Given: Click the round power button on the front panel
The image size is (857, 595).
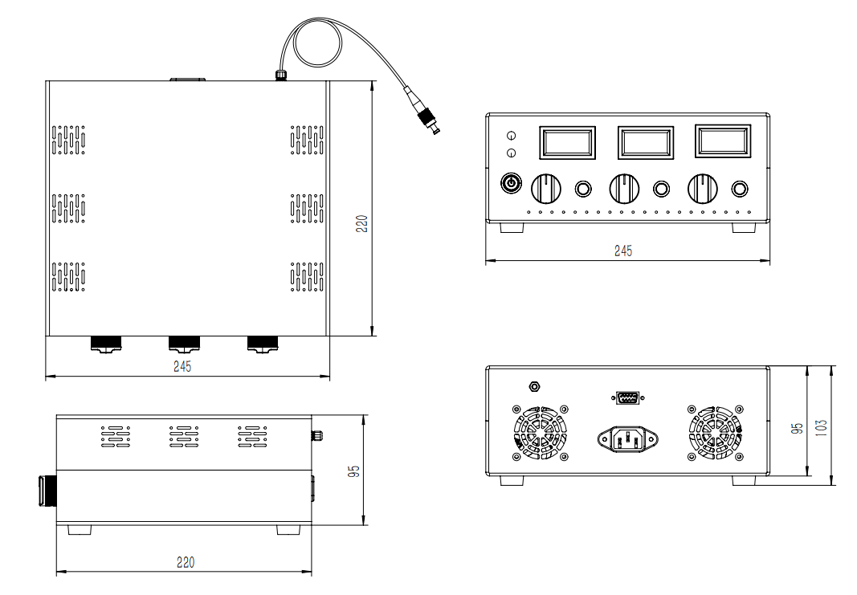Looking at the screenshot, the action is pos(511,183).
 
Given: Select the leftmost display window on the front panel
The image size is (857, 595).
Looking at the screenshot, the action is pos(567,143).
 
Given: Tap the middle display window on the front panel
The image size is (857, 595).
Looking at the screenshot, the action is pos(646,143).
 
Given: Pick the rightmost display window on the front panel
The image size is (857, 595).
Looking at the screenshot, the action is pos(723,141).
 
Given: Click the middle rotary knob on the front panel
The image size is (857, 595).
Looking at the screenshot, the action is pos(624,189).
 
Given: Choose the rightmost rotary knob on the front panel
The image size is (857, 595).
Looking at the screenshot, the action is pos(702,189).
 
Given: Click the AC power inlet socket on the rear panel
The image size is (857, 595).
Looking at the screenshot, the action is pos(627,439).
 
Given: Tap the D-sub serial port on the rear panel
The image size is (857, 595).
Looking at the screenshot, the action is pos(627,397).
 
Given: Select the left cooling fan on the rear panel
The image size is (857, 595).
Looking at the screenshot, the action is pos(541,433).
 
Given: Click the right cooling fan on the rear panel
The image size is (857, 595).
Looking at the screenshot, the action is pos(715,433).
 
